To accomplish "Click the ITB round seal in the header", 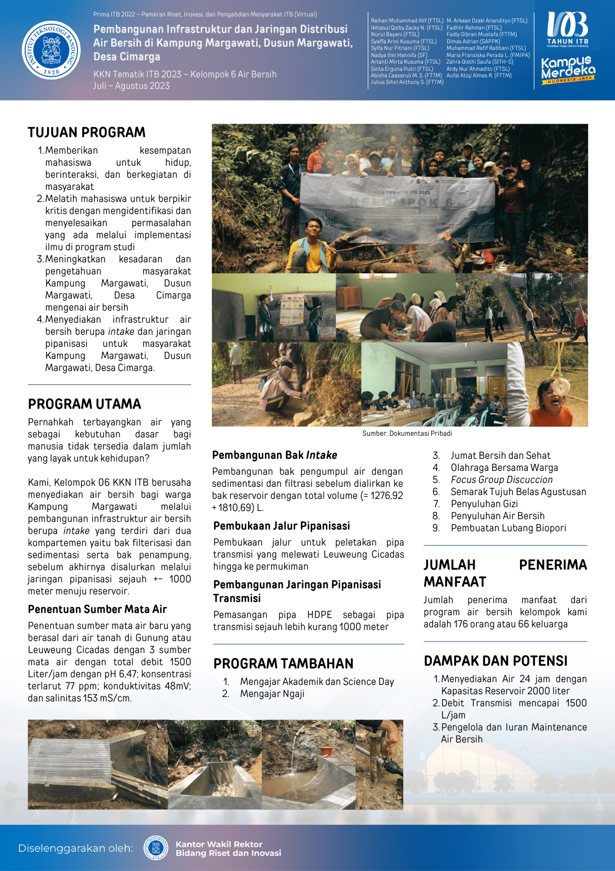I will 51,50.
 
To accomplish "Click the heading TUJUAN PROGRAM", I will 87,132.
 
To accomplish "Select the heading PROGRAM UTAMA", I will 84,404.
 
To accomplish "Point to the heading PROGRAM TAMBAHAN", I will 283,664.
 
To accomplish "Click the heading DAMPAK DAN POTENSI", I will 495,661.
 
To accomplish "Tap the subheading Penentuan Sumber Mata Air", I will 97,609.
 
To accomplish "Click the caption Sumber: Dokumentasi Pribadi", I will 407,434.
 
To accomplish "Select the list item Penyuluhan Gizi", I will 484,504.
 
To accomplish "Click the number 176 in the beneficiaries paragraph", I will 461,624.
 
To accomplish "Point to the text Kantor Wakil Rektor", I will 219,844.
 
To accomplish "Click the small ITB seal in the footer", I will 156,848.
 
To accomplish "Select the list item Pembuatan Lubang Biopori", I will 508,528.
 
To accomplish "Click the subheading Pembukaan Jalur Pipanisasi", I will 281,526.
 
